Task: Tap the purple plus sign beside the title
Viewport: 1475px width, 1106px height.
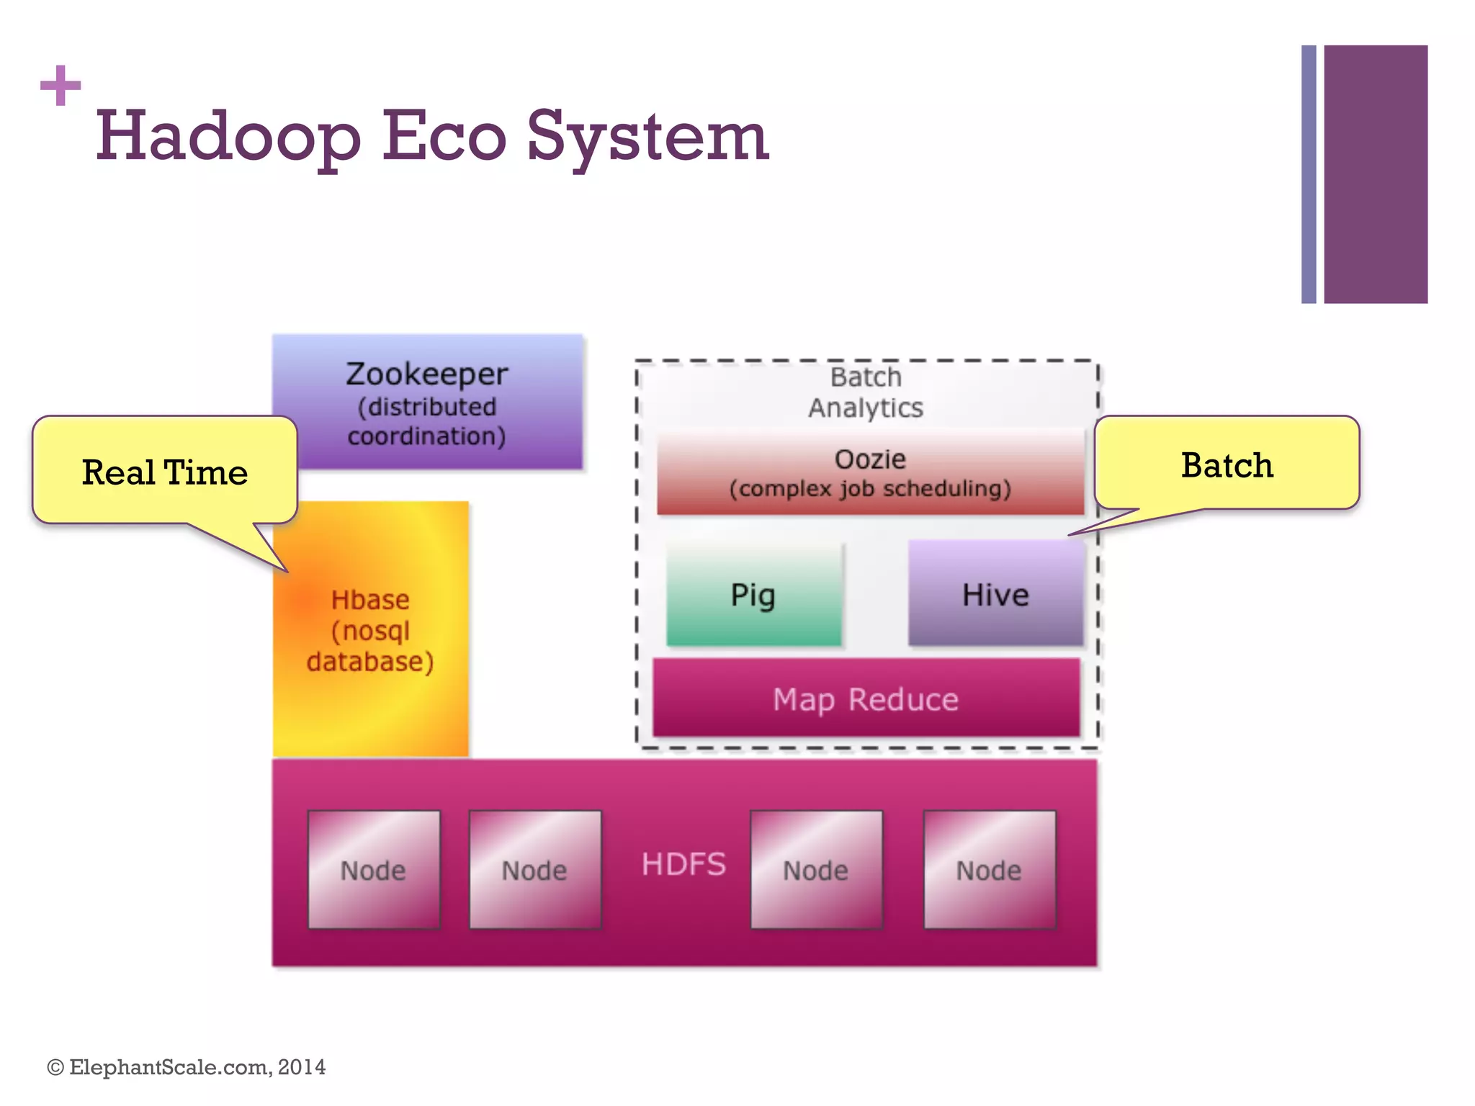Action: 60,86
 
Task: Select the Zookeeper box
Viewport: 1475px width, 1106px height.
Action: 427,402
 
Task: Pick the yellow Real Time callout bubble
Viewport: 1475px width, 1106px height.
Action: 164,472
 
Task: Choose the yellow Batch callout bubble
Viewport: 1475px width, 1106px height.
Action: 1227,464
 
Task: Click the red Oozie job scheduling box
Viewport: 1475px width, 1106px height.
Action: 870,472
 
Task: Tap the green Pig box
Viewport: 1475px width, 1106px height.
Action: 753,595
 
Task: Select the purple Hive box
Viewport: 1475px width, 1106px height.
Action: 995,595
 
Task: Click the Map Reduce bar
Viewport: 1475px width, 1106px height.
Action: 866,699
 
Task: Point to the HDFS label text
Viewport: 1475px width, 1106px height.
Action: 683,864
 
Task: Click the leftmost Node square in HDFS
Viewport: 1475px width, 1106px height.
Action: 373,870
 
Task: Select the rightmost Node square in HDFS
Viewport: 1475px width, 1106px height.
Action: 989,870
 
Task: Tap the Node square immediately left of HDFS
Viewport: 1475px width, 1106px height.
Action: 534,870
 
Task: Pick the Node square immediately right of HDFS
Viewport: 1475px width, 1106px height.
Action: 816,870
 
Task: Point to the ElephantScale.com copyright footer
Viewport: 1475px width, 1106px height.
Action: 187,1067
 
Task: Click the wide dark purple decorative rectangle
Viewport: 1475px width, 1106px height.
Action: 1375,174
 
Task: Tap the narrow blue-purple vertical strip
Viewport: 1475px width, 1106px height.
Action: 1309,174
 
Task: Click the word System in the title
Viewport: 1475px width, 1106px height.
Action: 647,137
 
